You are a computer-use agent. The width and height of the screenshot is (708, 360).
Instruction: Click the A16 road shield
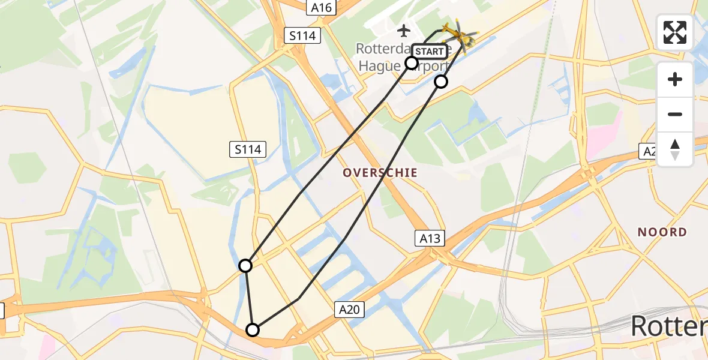(322, 7)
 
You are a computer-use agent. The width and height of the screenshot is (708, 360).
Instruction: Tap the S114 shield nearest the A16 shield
(302, 36)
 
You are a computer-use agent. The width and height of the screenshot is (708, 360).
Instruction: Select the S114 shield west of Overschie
(248, 149)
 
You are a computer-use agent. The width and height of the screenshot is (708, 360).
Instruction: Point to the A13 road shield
(430, 239)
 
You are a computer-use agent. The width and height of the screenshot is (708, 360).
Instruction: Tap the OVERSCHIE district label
(380, 173)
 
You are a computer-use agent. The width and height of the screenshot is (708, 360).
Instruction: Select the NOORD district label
(662, 232)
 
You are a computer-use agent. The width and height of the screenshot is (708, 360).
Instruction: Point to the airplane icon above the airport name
(404, 30)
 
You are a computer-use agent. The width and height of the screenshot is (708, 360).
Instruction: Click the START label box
(430, 51)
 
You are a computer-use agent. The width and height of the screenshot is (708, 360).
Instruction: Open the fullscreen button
(675, 32)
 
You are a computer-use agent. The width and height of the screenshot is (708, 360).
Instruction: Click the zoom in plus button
(675, 79)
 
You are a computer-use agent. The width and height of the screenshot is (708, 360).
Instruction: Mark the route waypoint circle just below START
(412, 63)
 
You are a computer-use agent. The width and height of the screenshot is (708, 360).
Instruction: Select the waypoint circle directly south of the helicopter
(441, 82)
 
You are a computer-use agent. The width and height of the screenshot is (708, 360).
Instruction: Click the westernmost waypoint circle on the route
(245, 265)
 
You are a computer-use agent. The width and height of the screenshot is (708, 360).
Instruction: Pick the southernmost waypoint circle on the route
(253, 330)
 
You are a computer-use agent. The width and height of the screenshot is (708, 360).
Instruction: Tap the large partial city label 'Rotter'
(669, 326)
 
